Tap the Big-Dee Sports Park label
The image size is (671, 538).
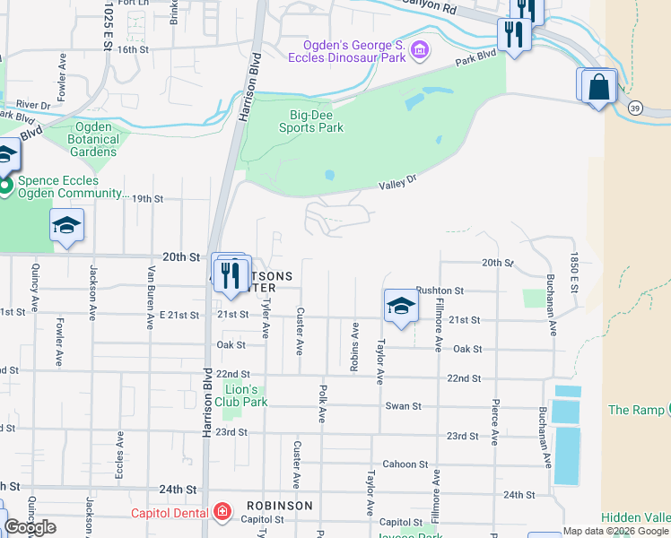click(304, 121)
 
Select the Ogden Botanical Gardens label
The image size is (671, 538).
click(93, 139)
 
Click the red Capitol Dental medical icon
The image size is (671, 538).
click(222, 514)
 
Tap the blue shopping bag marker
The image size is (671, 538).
click(599, 89)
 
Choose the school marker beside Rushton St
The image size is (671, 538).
click(401, 306)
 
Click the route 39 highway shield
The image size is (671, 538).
click(635, 108)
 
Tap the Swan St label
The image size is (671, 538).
click(403, 406)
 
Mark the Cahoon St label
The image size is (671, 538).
click(405, 464)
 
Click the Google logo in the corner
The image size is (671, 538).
click(30, 527)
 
